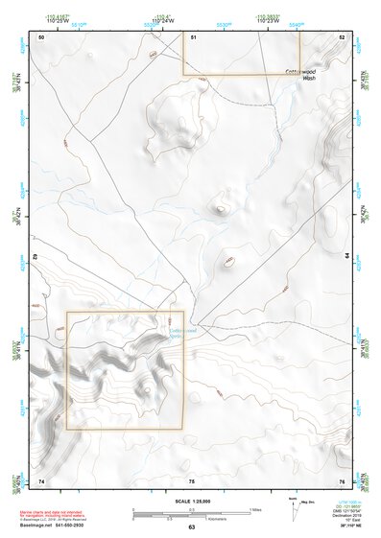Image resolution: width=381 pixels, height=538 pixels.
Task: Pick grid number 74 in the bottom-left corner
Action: coord(41,480)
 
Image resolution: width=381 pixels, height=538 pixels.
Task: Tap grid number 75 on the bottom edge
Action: coord(191,480)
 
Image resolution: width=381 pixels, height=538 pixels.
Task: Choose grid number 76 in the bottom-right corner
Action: coord(341,480)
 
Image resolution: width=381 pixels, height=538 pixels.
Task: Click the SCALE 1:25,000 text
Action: coord(191,502)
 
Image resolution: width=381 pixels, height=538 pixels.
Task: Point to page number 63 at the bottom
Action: coord(191,527)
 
